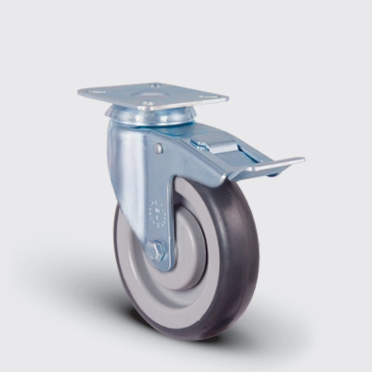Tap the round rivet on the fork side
159,148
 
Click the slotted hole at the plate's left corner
96,92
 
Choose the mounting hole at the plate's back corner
155,86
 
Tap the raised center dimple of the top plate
151,94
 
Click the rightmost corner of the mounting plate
228,98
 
